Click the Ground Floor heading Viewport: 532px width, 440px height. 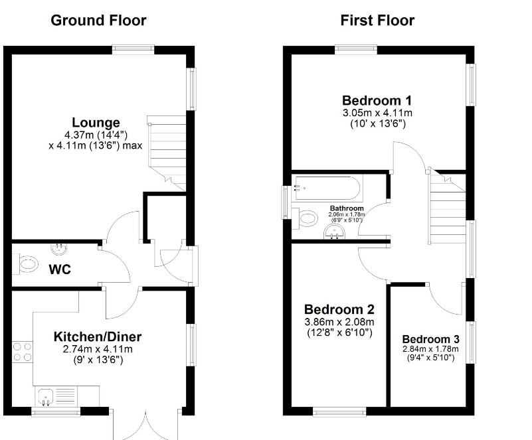point(98,20)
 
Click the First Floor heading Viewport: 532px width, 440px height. point(377,20)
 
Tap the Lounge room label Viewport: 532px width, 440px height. point(96,123)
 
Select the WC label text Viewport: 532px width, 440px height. point(59,270)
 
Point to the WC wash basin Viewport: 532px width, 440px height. point(59,249)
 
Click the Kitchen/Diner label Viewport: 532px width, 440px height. point(98,336)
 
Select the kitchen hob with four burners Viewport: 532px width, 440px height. point(23,351)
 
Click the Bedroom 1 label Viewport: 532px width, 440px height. point(377,101)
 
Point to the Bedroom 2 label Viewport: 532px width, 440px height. point(339,309)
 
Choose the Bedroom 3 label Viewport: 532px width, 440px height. point(430,338)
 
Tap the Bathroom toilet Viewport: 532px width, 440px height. point(307,217)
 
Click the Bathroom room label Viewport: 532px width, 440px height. point(347,208)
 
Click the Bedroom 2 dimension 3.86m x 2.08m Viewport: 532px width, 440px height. point(339,322)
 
